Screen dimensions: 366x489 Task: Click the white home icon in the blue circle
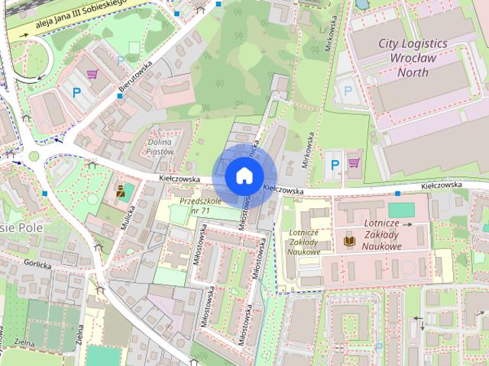tap(244, 175)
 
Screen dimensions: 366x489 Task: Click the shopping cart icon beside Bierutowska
tap(92, 74)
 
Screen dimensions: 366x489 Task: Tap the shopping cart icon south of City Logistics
tap(354, 162)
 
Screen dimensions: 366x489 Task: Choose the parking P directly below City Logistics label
tap(348, 90)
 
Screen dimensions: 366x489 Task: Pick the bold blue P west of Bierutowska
tap(76, 93)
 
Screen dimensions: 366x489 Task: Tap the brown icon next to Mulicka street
tap(119, 191)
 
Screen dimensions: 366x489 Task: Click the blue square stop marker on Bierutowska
tap(120, 96)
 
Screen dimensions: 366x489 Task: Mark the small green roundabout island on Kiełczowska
tap(34, 157)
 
